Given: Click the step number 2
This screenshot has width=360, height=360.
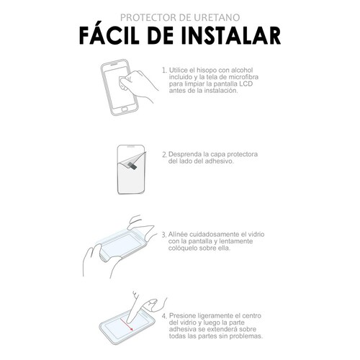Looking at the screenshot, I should pyautogui.click(x=163, y=154).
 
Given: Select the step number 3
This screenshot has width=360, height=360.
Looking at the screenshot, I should pyautogui.click(x=163, y=235).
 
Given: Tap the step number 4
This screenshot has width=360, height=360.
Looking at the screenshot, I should pyautogui.click(x=163, y=315).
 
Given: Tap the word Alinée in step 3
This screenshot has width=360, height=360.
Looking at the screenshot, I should pyautogui.click(x=180, y=235).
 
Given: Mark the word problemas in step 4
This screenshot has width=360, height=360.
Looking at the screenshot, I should pyautogui.click(x=243, y=337).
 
